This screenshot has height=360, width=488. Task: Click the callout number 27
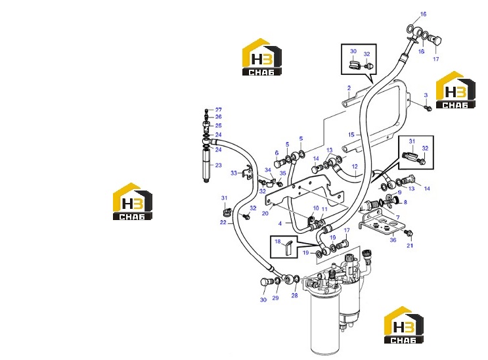pos(219,110)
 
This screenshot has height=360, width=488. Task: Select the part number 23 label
pos(219,165)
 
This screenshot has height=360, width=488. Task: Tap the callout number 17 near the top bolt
pos(436,59)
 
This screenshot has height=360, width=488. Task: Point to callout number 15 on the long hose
pos(351,135)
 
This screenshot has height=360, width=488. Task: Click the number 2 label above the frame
pos(349,88)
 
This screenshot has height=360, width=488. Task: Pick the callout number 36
pos(393,240)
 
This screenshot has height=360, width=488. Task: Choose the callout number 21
pos(410,246)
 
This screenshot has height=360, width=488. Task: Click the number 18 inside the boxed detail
pos(278,241)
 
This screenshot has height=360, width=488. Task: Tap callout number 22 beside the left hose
pos(223,222)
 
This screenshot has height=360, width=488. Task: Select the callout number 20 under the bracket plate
pos(265,214)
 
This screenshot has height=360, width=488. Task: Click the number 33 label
pos(234,173)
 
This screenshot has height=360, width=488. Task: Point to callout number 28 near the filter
pos(294,295)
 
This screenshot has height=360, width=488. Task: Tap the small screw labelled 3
pos(428,108)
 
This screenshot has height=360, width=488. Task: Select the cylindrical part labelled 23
pos(206,165)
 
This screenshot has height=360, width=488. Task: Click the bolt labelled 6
pos(278,163)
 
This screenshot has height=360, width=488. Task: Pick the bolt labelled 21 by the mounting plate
pos(409,233)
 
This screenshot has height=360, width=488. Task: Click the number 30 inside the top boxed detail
pos(353,51)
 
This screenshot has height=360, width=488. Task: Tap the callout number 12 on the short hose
pos(355,167)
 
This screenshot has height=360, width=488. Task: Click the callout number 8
pos(405,202)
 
